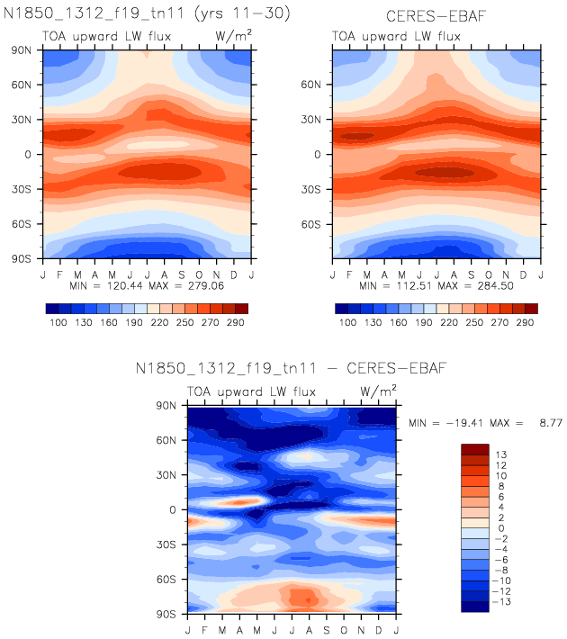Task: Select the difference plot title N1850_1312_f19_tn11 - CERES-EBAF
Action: (291, 368)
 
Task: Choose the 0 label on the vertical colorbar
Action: (500, 527)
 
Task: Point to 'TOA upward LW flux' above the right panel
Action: (396, 37)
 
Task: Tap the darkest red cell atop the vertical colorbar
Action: (475, 448)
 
